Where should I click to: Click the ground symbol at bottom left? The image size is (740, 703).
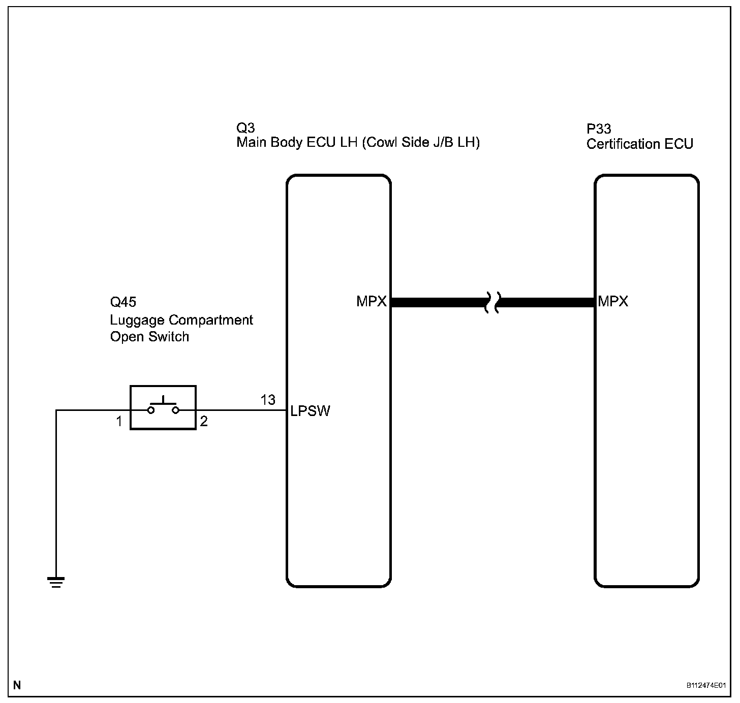point(56,582)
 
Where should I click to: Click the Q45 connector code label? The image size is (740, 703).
point(123,302)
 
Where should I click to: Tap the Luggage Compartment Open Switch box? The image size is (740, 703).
point(163,407)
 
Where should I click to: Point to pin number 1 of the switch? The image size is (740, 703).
point(119,422)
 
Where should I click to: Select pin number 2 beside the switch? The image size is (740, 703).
point(204,422)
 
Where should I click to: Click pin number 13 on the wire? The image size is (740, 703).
point(268,400)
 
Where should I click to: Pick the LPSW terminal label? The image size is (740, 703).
point(310,411)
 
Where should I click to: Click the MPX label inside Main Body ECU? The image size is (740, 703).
point(372,302)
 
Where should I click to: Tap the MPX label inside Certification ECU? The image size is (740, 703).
point(613,302)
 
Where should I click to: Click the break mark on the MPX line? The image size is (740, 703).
point(492,302)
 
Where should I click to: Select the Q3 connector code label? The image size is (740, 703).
point(245,127)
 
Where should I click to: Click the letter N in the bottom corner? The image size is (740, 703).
point(17,685)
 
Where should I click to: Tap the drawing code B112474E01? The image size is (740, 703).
point(706,686)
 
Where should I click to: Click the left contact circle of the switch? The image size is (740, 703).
point(151,410)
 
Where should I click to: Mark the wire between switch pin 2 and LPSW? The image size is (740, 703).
point(239,410)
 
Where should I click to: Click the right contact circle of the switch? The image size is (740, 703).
point(176,410)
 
